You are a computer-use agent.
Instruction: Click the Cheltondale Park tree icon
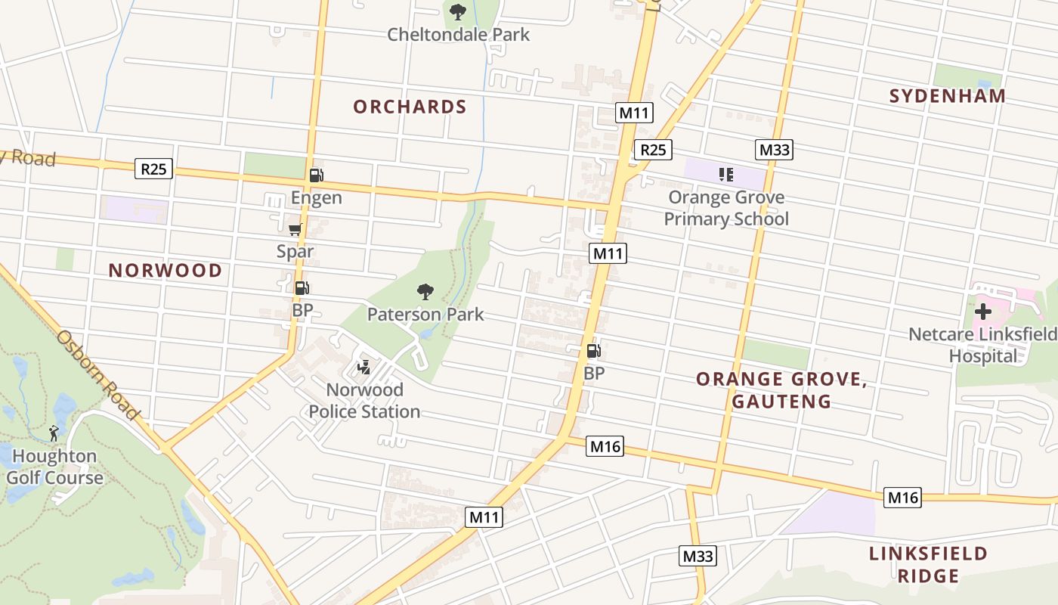pos(457,12)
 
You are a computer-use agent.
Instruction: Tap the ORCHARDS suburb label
pos(410,107)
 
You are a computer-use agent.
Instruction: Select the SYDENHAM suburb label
pos(947,96)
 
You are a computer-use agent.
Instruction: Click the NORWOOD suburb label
pos(166,271)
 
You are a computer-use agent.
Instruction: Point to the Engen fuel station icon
pos(316,175)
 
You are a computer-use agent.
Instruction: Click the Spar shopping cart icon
pos(295,229)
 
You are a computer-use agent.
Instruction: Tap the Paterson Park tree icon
pos(425,292)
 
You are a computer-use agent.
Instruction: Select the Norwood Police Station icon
pos(364,368)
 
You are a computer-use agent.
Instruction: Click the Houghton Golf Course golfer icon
pos(54,433)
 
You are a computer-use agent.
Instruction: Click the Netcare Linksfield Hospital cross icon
pos(982,311)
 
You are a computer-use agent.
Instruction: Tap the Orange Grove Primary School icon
pos(725,175)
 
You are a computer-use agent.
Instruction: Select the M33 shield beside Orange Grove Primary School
pos(774,150)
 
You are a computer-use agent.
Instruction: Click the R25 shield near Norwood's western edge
pos(153,169)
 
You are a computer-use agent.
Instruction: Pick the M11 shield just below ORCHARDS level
pos(633,113)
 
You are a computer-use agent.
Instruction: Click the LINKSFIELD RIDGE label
pos(928,564)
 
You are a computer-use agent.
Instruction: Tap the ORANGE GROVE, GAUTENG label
pos(781,390)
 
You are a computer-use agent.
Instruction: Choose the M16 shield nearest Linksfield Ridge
pos(902,498)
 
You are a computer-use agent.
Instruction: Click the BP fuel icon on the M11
pos(593,351)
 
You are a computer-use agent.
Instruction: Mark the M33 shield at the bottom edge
pos(698,557)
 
